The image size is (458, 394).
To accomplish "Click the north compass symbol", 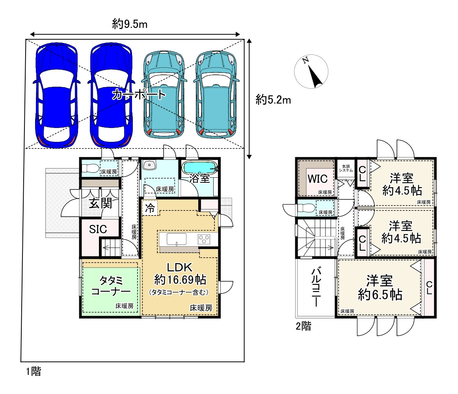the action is pyautogui.click(x=311, y=71).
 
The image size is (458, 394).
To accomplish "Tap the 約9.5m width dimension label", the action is pyautogui.click(x=130, y=24).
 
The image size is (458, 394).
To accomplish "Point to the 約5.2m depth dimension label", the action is pyautogui.click(x=273, y=100).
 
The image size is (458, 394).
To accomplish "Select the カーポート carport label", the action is pyautogui.click(x=139, y=94).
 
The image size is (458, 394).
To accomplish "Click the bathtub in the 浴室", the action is pyautogui.click(x=199, y=168).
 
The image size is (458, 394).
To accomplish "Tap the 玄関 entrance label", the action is pyautogui.click(x=101, y=203).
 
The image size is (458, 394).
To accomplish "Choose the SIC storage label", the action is pyautogui.click(x=98, y=229).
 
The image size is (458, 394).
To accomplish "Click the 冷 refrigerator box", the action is pyautogui.click(x=150, y=208).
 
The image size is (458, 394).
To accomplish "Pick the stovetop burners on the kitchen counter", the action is pyautogui.click(x=204, y=239).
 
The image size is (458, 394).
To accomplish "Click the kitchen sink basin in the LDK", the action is pyautogui.click(x=177, y=239).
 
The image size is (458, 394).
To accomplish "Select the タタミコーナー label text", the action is pyautogui.click(x=111, y=286).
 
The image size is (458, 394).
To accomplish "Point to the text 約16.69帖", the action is pyautogui.click(x=180, y=280).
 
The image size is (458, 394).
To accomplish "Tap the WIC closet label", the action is pyautogui.click(x=318, y=179).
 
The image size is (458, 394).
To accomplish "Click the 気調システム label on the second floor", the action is pyautogui.click(x=346, y=168).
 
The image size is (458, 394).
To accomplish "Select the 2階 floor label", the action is pyautogui.click(x=303, y=326).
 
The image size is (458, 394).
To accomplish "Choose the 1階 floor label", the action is pyautogui.click(x=34, y=372).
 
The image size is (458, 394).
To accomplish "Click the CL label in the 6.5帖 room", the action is pyautogui.click(x=429, y=288).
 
